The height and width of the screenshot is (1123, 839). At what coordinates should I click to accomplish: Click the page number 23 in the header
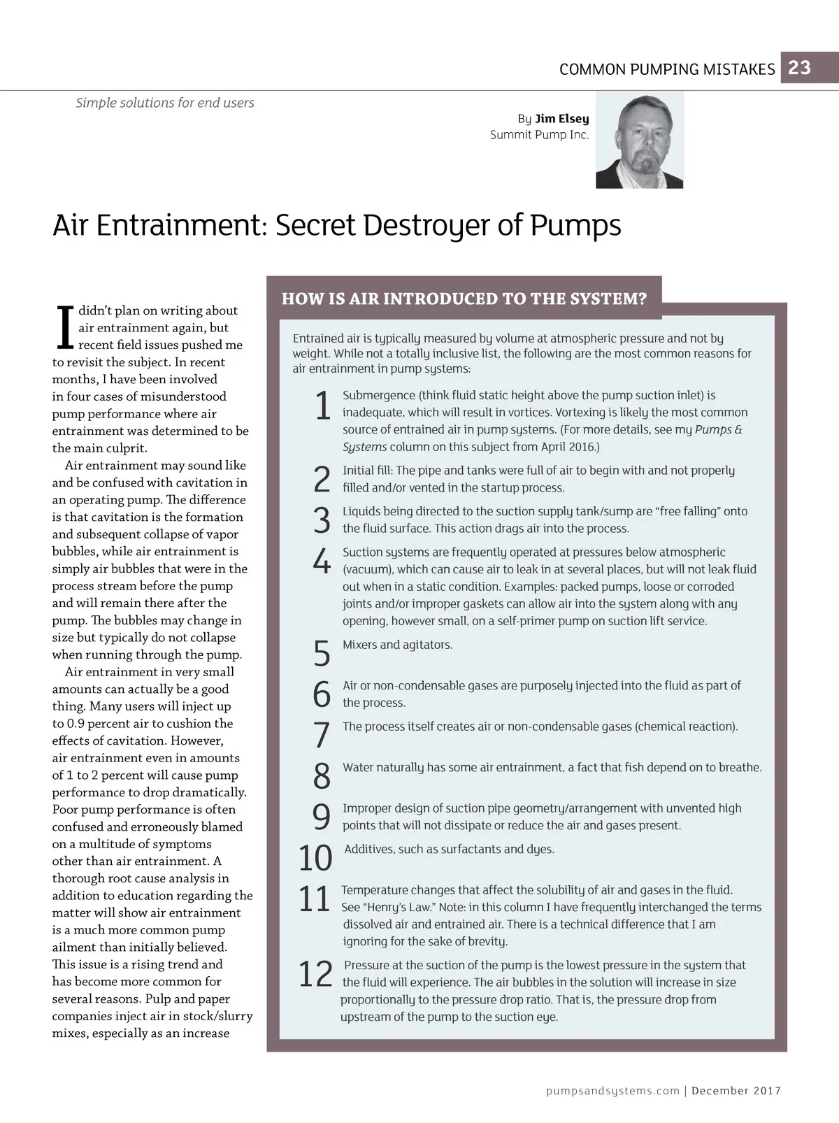(799, 68)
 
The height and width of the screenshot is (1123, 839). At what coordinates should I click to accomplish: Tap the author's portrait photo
(639, 141)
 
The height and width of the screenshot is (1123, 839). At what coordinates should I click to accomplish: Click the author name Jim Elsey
(561, 119)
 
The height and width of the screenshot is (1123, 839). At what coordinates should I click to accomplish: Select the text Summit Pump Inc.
(539, 135)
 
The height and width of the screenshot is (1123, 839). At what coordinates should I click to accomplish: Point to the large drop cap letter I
(64, 327)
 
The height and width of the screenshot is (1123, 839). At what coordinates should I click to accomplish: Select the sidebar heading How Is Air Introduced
(464, 299)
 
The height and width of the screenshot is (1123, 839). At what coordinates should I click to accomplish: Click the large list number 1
(322, 406)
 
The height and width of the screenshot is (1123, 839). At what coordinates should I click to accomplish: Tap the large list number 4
(321, 561)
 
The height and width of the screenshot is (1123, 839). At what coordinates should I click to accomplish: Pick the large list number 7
(321, 734)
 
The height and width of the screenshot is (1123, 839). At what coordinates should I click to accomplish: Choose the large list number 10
(315, 858)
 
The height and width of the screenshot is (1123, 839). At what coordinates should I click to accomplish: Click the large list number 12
(315, 974)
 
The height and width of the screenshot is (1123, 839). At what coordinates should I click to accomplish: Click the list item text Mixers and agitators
(397, 645)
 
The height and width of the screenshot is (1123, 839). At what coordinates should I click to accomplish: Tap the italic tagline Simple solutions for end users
(165, 103)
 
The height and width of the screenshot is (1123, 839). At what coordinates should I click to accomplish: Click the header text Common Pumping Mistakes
(667, 69)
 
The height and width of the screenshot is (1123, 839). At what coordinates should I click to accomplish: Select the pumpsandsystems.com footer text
(612, 1091)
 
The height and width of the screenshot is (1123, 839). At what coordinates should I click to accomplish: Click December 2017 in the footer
(736, 1091)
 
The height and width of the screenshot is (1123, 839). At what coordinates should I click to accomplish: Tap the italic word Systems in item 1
(364, 447)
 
